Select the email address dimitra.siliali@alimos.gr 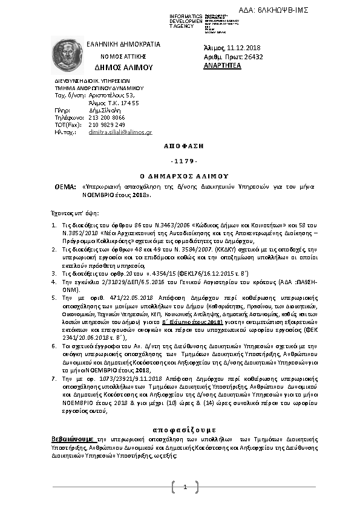pos(120,131)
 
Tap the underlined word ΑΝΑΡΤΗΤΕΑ pos(222,65)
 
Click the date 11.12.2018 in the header pos(243,48)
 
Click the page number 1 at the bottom pos(185,487)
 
